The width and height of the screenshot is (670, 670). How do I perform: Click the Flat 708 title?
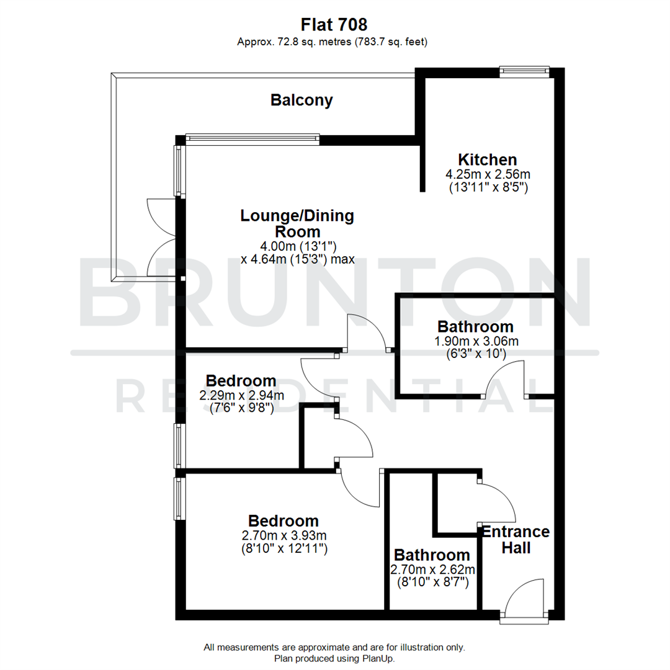[x=334, y=24]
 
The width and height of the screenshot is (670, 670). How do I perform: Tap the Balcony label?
[x=301, y=100]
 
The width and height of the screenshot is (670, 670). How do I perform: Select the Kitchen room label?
[x=488, y=159]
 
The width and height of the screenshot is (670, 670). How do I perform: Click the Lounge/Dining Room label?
[x=297, y=223]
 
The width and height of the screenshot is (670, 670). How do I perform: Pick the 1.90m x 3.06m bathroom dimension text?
[x=475, y=341]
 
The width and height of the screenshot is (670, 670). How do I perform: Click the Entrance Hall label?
[x=516, y=540]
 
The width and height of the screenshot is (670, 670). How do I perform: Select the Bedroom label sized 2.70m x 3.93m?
[x=284, y=520]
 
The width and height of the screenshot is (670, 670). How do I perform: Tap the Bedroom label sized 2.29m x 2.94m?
[x=241, y=380]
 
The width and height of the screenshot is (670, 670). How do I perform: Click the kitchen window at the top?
[x=525, y=71]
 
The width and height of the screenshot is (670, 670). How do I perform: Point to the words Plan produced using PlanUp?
[x=334, y=658]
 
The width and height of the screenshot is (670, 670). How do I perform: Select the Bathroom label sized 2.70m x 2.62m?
[x=432, y=555]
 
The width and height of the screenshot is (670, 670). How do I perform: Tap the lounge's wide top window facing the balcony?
[x=252, y=140]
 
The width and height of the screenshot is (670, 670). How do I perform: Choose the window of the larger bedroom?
[x=179, y=498]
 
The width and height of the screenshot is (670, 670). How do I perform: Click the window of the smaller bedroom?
[x=179, y=445]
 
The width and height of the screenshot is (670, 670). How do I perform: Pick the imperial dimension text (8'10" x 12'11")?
[x=284, y=548]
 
